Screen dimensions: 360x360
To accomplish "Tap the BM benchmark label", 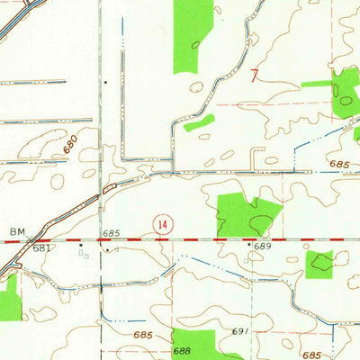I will point(17,232).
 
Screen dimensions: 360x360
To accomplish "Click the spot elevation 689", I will point(262,246).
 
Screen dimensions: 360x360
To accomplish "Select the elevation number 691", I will point(239,331).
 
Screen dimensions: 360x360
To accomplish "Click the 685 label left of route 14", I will point(111,233).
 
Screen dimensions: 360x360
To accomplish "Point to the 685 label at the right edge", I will point(338,165).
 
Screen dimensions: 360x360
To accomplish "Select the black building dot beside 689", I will point(249,243).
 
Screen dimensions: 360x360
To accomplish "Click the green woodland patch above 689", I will point(238,215).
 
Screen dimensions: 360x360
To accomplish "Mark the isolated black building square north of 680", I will point(105,83).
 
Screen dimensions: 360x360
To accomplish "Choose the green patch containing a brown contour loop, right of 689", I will point(319,264).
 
